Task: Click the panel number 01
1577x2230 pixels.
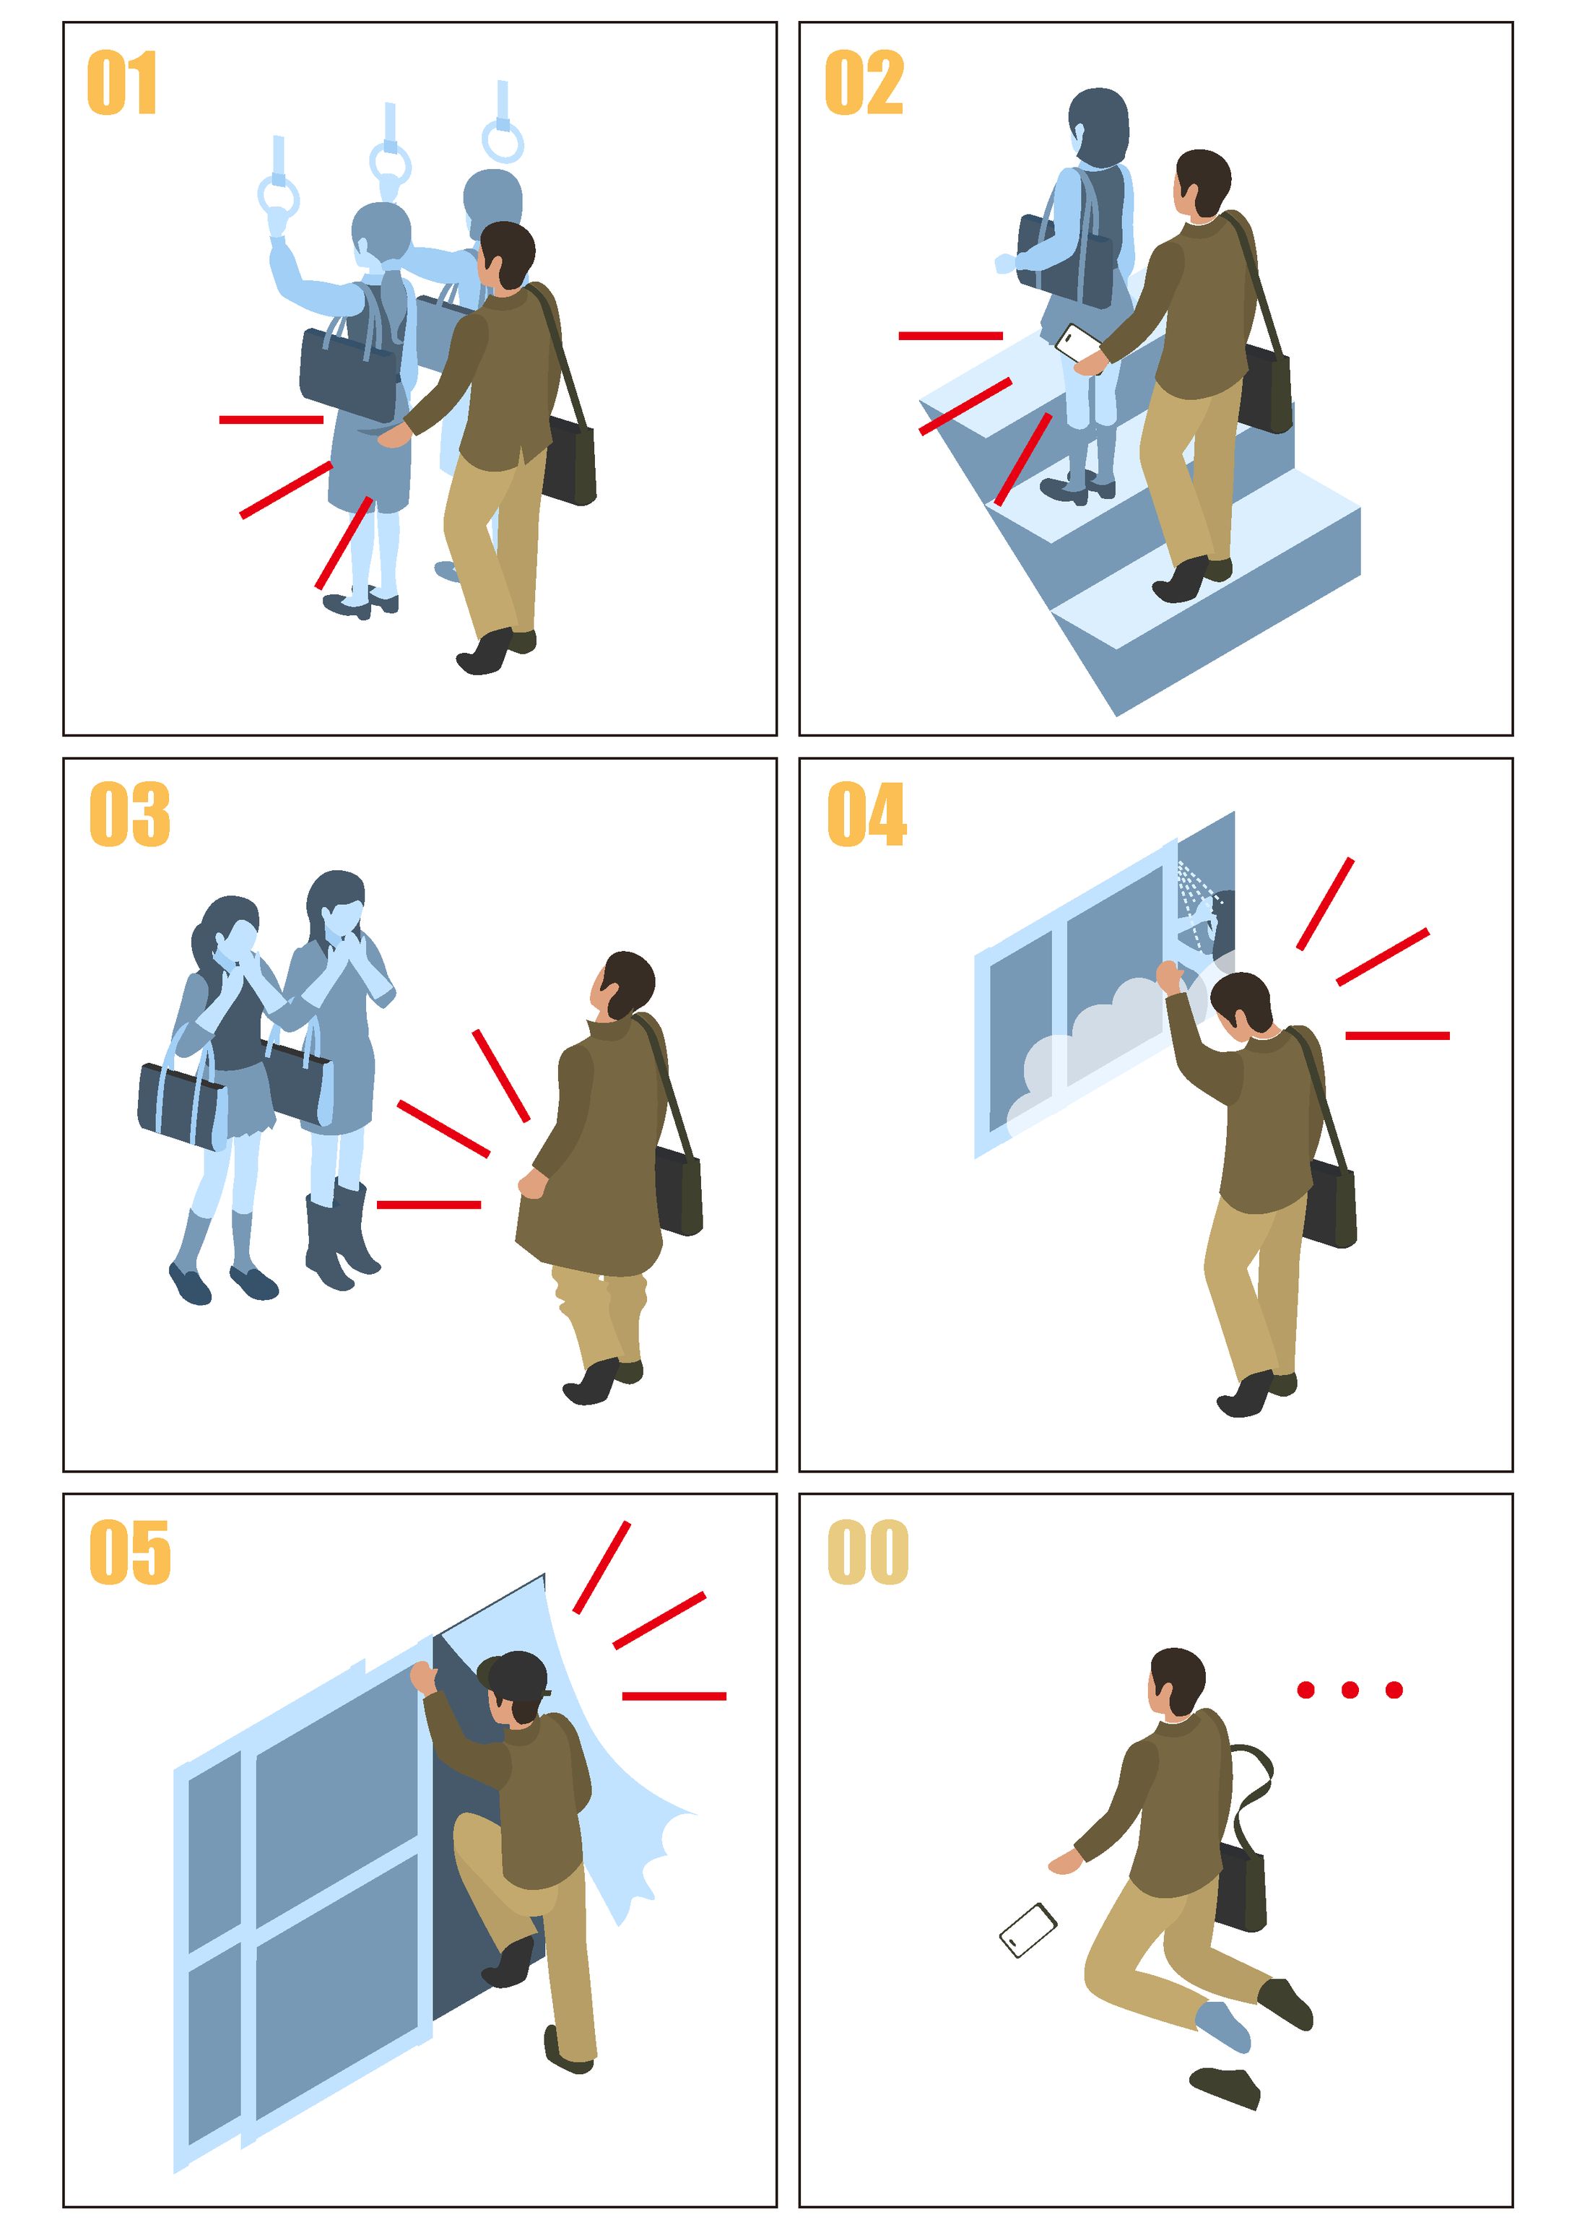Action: [121, 84]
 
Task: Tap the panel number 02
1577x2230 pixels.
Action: [864, 84]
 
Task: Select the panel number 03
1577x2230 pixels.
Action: [129, 814]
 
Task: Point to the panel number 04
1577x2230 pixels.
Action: [867, 814]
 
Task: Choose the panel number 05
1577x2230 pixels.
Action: [130, 1552]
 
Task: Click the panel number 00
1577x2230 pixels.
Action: [868, 1552]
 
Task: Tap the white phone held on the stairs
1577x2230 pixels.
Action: [1078, 344]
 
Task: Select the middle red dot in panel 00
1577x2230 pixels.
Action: [1350, 1690]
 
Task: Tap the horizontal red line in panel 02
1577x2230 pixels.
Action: [951, 336]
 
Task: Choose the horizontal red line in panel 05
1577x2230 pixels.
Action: [674, 1696]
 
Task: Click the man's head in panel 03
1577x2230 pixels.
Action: [623, 985]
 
